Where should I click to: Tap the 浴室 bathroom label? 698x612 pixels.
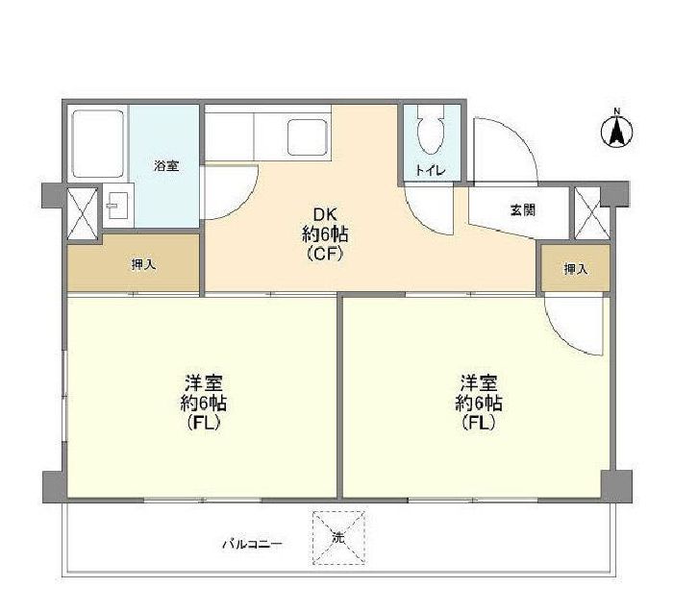coord(166,166)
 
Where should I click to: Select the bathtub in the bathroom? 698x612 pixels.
coord(97,144)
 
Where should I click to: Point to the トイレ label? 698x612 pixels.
coord(430,170)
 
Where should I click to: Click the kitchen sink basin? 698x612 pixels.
coord(307,137)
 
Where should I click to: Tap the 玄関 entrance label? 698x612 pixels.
coord(523,210)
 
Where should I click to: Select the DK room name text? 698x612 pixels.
coord(325,214)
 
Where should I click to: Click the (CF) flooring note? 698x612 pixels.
coord(325,254)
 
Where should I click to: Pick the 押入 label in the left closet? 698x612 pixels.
coord(143,265)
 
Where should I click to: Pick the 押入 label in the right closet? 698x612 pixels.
coord(576,269)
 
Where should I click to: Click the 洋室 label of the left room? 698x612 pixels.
coord(204,382)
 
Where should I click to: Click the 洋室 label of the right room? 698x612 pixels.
coord(479,382)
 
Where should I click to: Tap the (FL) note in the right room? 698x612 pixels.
coord(479,422)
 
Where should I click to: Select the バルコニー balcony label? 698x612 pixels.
coord(252,544)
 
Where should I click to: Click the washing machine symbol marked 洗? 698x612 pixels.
coord(338,538)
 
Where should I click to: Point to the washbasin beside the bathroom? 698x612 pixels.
coord(118,206)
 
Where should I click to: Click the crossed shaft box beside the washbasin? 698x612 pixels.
coord(83,214)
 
